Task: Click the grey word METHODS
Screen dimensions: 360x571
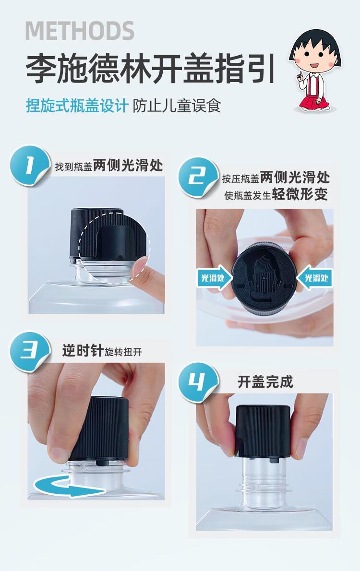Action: tap(80, 31)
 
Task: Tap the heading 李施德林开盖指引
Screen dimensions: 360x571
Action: tap(151, 69)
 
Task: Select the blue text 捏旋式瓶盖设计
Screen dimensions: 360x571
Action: tap(77, 106)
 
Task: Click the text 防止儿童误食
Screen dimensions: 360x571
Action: tap(177, 106)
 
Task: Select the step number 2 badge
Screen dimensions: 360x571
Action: tap(197, 177)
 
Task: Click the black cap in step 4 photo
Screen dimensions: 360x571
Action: tap(263, 431)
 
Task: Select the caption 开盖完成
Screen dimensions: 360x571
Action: tap(265, 382)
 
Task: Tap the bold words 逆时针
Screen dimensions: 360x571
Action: tap(83, 351)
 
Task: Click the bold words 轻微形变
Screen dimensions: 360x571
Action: tap(300, 194)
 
